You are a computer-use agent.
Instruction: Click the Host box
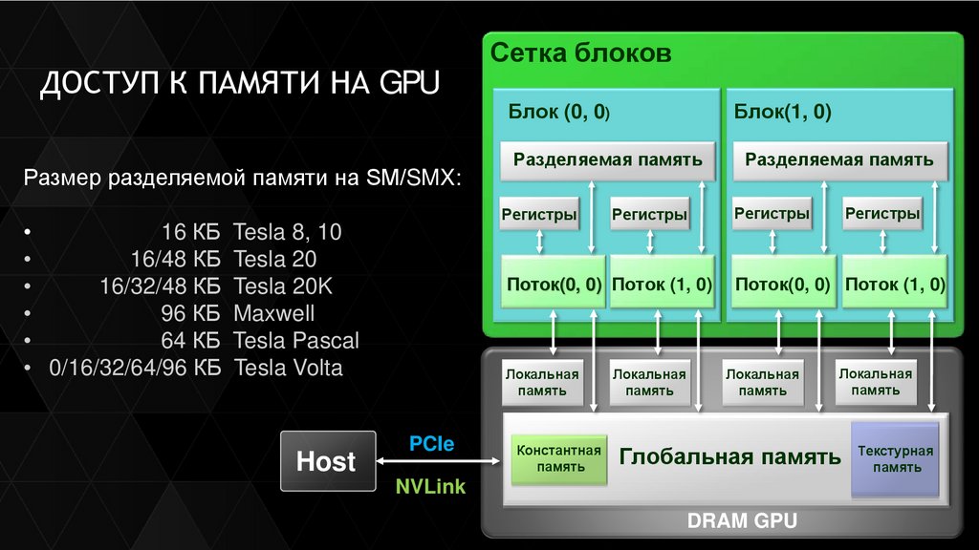pyautogui.click(x=326, y=462)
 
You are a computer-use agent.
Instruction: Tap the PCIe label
pyautogui.click(x=431, y=444)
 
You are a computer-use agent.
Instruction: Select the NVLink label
pyautogui.click(x=430, y=487)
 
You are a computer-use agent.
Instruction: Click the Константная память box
pyautogui.click(x=558, y=459)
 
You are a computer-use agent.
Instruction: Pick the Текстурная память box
pyautogui.click(x=896, y=459)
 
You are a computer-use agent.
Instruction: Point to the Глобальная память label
pyautogui.click(x=729, y=456)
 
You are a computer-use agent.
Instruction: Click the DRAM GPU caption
pyautogui.click(x=742, y=521)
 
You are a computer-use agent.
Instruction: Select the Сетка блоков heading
pyautogui.click(x=581, y=53)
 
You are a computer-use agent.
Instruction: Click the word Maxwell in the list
pyautogui.click(x=273, y=313)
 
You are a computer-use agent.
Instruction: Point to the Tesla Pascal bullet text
pyautogui.click(x=296, y=340)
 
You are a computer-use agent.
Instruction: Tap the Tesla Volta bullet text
pyautogui.click(x=288, y=368)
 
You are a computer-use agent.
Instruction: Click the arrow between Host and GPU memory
pyautogui.click(x=441, y=463)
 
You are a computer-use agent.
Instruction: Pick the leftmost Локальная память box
pyautogui.click(x=542, y=383)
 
